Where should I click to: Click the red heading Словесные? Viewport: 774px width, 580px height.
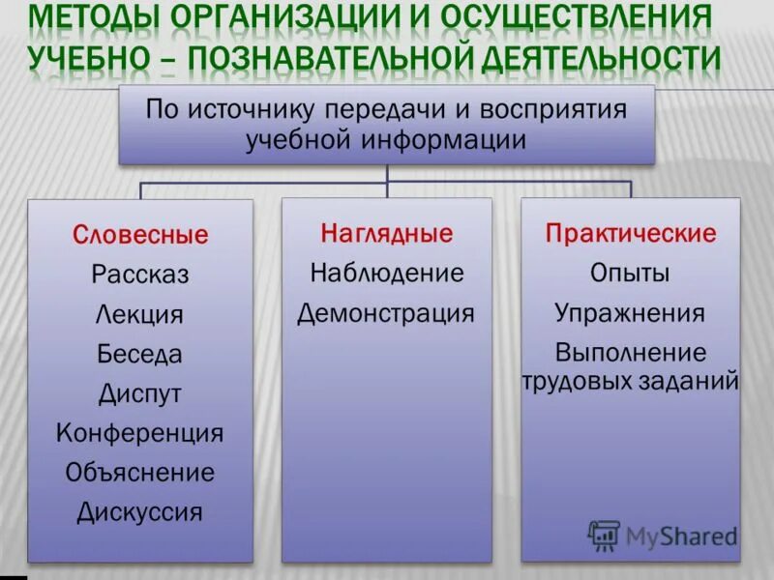(140, 234)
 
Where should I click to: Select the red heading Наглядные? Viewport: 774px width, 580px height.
(387, 233)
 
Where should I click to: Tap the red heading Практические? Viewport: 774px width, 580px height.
(631, 233)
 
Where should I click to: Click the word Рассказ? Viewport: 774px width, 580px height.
(140, 275)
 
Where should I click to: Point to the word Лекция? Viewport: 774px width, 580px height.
(140, 315)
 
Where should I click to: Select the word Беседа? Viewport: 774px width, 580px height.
(140, 354)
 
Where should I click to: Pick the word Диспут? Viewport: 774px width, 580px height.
(140, 393)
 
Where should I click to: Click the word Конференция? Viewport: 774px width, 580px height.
(140, 433)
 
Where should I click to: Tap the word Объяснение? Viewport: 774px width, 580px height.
(140, 473)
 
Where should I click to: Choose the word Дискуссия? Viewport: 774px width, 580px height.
(140, 512)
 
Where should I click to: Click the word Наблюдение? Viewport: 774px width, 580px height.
(387, 274)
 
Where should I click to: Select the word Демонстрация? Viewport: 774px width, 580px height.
(387, 313)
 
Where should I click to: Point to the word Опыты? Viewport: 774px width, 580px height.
(631, 274)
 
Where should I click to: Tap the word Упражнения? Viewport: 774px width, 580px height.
(631, 313)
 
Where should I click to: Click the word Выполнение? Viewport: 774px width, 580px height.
(631, 353)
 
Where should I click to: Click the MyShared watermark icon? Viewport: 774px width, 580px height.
(604, 535)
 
